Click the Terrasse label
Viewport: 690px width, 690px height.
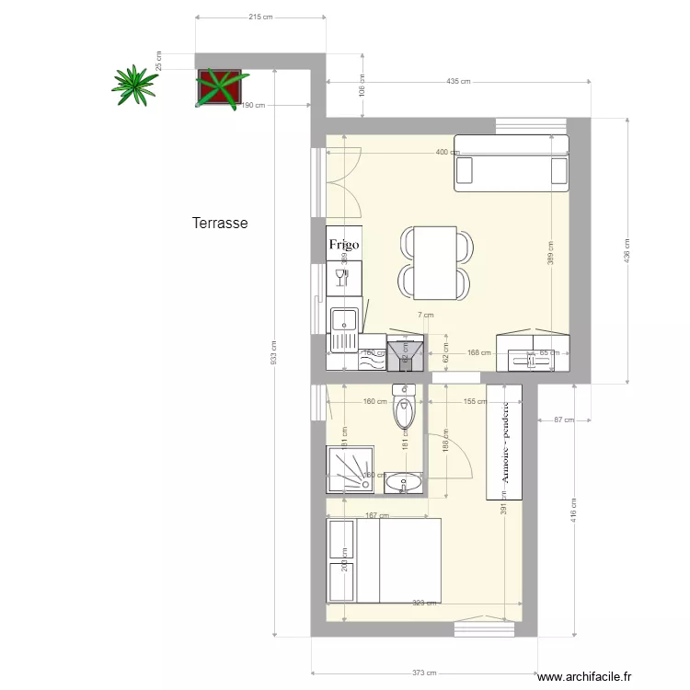(220, 223)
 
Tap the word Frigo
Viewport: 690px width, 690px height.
(344, 246)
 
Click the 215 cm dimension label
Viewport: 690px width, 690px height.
(261, 17)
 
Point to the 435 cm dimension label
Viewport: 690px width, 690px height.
(458, 81)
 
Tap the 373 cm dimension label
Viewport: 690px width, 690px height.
(424, 673)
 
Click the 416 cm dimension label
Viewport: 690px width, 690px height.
(574, 510)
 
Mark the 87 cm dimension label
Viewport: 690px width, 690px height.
(564, 420)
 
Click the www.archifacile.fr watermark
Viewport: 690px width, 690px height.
(585, 677)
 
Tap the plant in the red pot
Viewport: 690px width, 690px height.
(220, 87)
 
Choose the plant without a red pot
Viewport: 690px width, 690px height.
(135, 84)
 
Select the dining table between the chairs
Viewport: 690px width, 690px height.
(435, 263)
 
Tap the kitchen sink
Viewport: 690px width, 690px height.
(344, 321)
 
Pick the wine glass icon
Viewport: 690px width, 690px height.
(339, 277)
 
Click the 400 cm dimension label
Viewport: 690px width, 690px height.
(447, 152)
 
